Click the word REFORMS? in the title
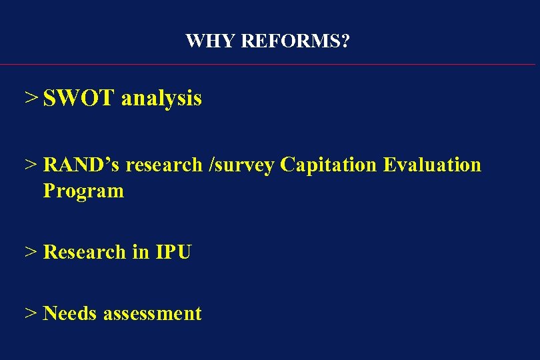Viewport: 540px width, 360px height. [x=295, y=41]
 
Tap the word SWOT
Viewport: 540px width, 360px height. [x=79, y=99]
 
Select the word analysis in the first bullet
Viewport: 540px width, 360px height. [x=161, y=99]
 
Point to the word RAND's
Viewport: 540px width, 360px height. [x=81, y=165]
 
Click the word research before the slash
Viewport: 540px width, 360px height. [x=163, y=165]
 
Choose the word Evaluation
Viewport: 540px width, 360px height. [x=432, y=165]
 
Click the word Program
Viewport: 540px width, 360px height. [x=83, y=191]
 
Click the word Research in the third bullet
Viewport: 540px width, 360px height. [x=84, y=252]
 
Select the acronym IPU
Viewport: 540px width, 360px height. [x=173, y=252]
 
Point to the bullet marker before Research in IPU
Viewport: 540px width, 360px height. [x=31, y=252]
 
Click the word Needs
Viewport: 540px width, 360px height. [x=71, y=313]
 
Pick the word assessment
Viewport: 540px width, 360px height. [x=153, y=313]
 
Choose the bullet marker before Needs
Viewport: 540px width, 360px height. [x=31, y=313]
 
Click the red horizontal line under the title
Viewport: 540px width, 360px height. [x=267, y=65]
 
